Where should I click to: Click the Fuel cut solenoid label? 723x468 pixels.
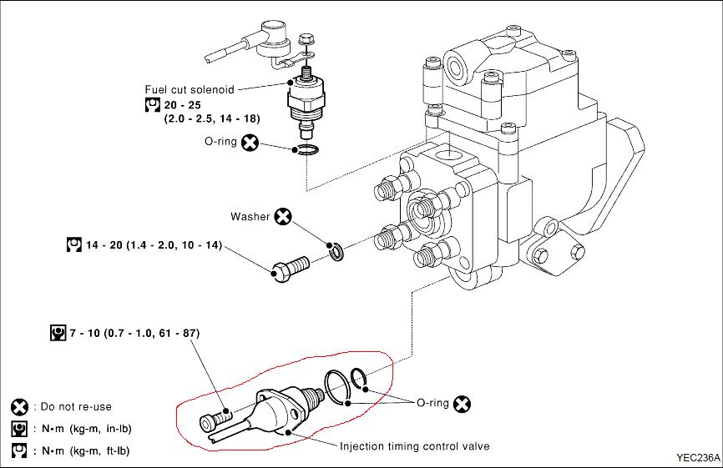pos(190,89)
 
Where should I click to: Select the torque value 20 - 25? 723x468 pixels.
pos(183,105)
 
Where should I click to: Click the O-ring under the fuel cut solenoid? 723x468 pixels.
pos(305,149)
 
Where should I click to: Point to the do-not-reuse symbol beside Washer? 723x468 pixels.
pos(283,216)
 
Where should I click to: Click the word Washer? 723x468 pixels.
pos(250,217)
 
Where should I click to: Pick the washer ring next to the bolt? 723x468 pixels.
pos(336,251)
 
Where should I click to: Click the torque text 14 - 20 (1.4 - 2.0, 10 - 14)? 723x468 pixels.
pos(154,245)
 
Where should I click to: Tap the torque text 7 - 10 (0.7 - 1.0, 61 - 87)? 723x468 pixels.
pos(134,333)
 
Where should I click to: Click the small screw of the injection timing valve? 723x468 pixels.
pos(215,419)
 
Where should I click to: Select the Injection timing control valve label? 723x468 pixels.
pos(415,445)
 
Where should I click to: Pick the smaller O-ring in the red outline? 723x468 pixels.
pos(359,379)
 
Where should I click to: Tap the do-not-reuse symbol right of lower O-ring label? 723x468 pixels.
pos(462,404)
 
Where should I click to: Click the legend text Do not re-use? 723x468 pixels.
pos(76,407)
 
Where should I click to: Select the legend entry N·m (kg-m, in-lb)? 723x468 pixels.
pos(87,429)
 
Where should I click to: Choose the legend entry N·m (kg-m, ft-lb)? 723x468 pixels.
pos(86,450)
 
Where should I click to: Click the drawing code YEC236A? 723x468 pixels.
pos(698,458)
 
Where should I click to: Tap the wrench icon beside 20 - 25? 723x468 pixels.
pos(152,105)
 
